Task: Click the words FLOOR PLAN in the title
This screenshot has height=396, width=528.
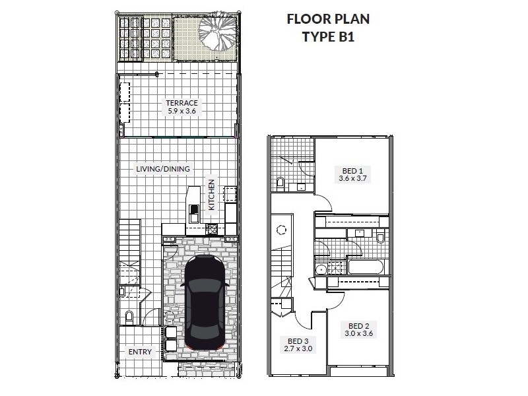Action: pyautogui.click(x=328, y=19)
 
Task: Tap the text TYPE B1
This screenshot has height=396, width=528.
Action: pyautogui.click(x=328, y=37)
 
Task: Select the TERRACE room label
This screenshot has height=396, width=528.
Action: pyautogui.click(x=182, y=103)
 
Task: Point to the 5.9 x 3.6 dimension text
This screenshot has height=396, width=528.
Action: pyautogui.click(x=182, y=111)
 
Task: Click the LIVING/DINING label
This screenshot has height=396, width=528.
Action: pyautogui.click(x=163, y=169)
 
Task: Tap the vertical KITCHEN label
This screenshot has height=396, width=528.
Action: pyautogui.click(x=211, y=195)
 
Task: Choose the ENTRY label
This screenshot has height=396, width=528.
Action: pyautogui.click(x=140, y=352)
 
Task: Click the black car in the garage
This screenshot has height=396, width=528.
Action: pyautogui.click(x=205, y=302)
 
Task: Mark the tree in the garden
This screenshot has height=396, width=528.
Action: pyautogui.click(x=217, y=32)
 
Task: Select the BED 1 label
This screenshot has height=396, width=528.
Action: pyautogui.click(x=352, y=171)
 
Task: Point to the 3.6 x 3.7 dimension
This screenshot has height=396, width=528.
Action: pyautogui.click(x=352, y=178)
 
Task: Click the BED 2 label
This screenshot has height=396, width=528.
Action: pyautogui.click(x=358, y=326)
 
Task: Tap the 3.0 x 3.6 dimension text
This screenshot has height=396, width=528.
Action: pyautogui.click(x=358, y=334)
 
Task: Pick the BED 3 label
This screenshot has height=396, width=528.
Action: pyautogui.click(x=298, y=341)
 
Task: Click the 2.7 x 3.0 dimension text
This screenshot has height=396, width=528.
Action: pyautogui.click(x=298, y=349)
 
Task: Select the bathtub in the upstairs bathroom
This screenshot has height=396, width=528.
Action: pyautogui.click(x=366, y=267)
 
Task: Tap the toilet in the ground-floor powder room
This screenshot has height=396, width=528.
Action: pyautogui.click(x=129, y=317)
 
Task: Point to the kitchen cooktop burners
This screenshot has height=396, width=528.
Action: pyautogui.click(x=212, y=229)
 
